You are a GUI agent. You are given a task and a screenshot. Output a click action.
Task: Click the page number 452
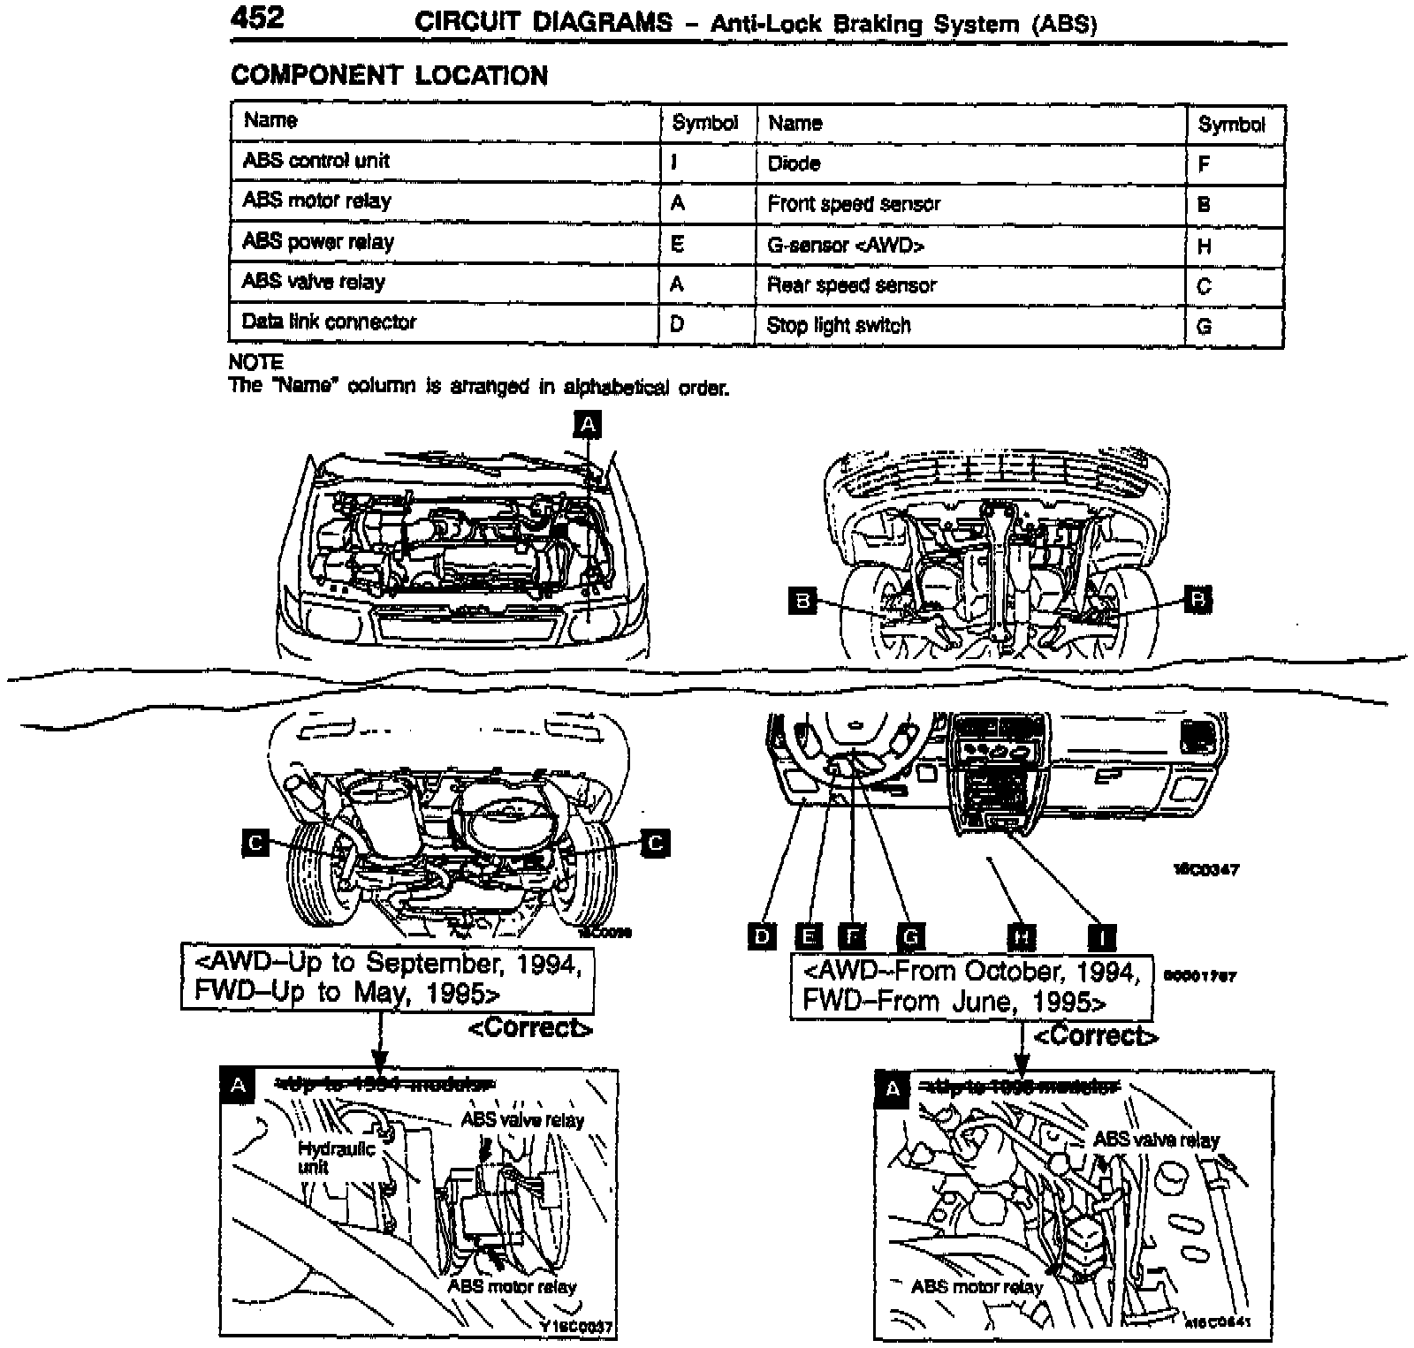pyautogui.click(x=257, y=19)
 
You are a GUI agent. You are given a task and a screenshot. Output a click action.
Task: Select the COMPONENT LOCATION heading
pyautogui.click(x=389, y=76)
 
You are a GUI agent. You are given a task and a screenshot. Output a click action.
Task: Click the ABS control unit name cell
pyautogui.click(x=315, y=161)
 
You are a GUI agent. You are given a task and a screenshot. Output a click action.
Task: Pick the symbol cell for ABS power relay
pyautogui.click(x=678, y=244)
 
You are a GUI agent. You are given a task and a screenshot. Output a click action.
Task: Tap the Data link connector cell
pyautogui.click(x=329, y=322)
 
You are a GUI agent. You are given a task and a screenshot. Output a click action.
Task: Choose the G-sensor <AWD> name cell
pyautogui.click(x=846, y=246)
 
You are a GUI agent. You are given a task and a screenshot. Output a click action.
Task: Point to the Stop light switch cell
pyautogui.click(x=838, y=326)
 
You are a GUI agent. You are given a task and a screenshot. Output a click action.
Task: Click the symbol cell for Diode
pyautogui.click(x=1204, y=164)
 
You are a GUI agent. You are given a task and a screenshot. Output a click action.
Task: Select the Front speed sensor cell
pyautogui.click(x=854, y=204)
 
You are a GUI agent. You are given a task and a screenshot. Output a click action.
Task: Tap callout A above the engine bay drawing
pyautogui.click(x=588, y=425)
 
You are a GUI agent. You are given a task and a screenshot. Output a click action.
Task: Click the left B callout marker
pyautogui.click(x=802, y=601)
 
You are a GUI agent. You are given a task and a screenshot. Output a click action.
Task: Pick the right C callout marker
pyautogui.click(x=655, y=843)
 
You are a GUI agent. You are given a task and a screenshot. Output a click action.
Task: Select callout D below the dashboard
pyautogui.click(x=762, y=935)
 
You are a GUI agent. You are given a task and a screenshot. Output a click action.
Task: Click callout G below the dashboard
pyautogui.click(x=910, y=935)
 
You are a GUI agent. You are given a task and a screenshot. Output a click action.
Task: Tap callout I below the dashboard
pyautogui.click(x=1101, y=936)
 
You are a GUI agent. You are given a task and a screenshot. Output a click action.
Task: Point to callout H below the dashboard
pyautogui.click(x=1022, y=936)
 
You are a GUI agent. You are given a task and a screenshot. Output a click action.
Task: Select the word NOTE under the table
pyautogui.click(x=255, y=362)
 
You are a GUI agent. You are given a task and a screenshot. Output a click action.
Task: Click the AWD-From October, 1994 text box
pyautogui.click(x=970, y=987)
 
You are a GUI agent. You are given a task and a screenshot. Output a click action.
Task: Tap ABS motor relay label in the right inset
pyautogui.click(x=977, y=1286)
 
